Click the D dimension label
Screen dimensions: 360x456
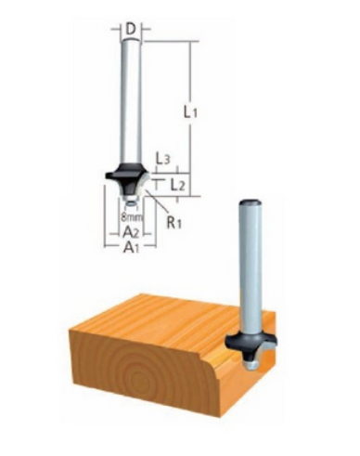[x=132, y=30]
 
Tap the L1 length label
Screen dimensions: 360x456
[x=190, y=112]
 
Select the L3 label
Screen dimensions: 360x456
[x=162, y=160]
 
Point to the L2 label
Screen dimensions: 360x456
[x=178, y=186]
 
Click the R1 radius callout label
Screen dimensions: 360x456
[x=174, y=222]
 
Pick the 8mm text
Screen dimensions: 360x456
[x=132, y=217]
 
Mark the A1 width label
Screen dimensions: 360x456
[x=131, y=247]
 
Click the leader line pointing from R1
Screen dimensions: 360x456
[x=156, y=201]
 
